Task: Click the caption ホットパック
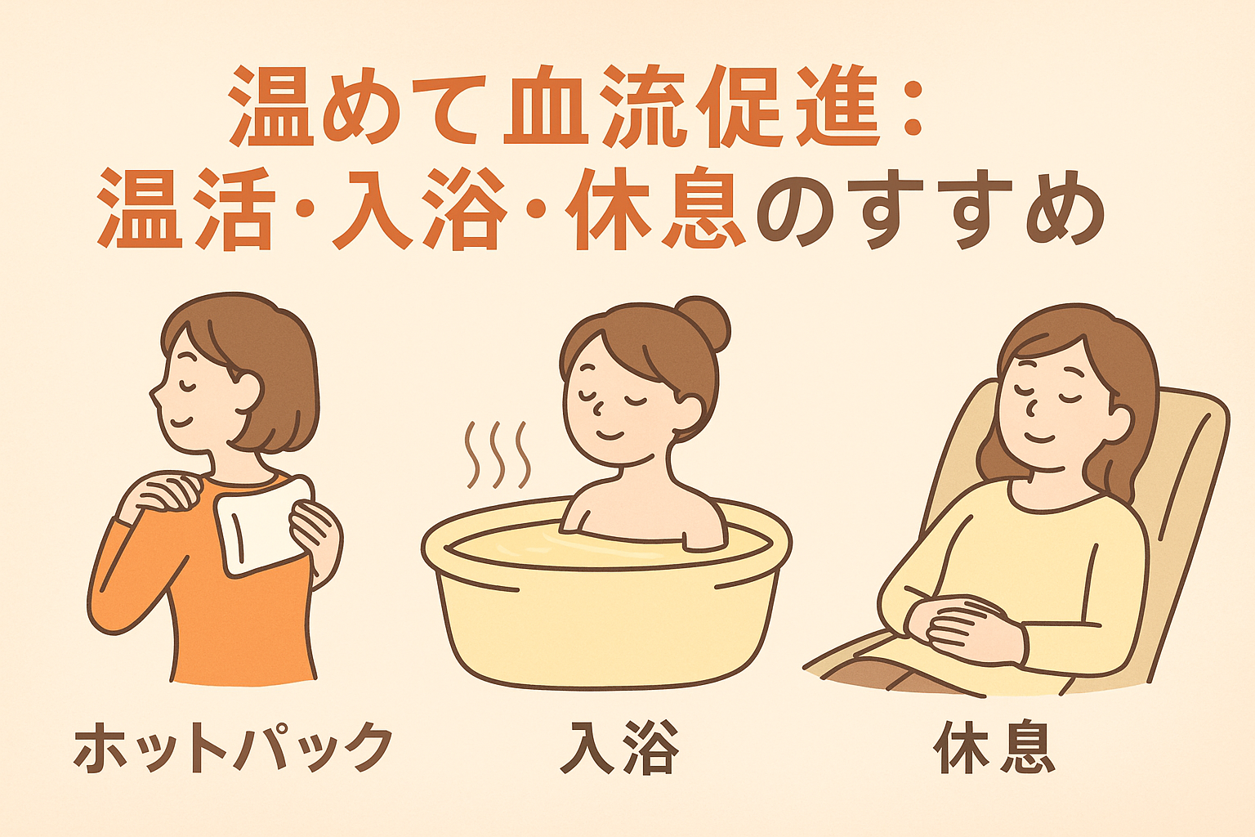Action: point(233,747)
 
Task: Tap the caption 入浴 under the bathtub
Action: point(620,747)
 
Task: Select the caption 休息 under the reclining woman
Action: point(994,747)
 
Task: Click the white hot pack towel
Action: point(262,525)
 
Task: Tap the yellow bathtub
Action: point(606,600)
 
